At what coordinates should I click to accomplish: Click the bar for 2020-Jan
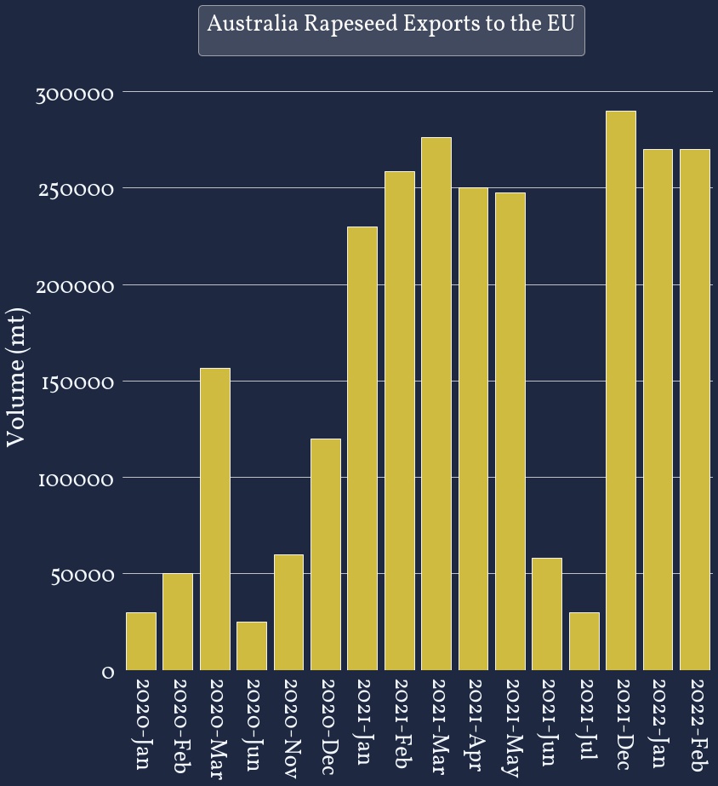click(140, 641)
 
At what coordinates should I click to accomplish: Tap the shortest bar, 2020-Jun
click(252, 645)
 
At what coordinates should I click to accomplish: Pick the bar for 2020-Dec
click(325, 554)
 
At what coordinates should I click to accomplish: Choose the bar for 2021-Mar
click(436, 404)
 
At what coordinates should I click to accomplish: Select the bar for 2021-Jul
click(584, 641)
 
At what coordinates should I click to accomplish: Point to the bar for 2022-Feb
click(695, 410)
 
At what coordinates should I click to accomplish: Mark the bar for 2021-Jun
click(547, 614)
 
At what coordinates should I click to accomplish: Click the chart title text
click(391, 24)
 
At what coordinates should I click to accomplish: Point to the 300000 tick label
click(75, 93)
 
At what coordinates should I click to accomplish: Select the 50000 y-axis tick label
click(80, 576)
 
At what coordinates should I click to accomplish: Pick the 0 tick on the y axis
click(108, 672)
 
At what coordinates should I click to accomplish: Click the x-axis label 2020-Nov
click(288, 729)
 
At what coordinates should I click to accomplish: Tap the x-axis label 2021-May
click(510, 728)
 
